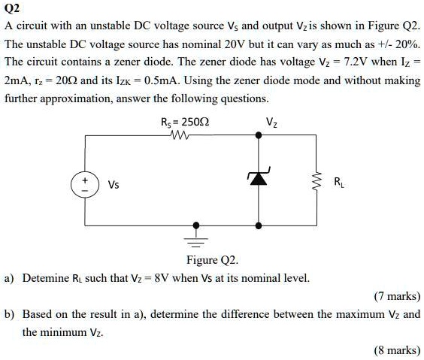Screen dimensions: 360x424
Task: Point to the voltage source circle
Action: (84, 183)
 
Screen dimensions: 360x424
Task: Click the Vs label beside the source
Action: (113, 183)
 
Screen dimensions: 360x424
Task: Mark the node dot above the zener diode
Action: (259, 136)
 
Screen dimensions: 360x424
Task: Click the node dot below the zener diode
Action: (259, 225)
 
